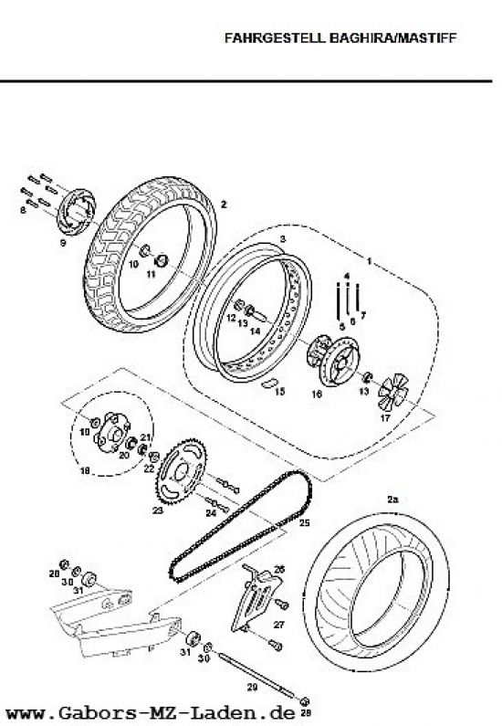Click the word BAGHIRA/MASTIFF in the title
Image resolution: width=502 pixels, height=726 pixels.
click(392, 38)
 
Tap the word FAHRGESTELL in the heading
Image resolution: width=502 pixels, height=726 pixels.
click(276, 38)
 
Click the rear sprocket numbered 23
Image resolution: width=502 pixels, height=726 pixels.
click(182, 471)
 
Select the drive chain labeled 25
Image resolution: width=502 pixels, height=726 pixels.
click(241, 526)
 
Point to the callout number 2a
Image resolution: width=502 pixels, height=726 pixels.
click(392, 500)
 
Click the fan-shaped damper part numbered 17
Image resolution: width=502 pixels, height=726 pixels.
click(392, 392)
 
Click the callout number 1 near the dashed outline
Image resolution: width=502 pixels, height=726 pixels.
click(370, 262)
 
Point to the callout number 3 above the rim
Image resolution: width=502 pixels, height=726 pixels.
click(283, 239)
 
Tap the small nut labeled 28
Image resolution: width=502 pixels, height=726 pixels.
click(305, 701)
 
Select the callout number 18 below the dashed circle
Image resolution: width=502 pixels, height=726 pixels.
click(85, 471)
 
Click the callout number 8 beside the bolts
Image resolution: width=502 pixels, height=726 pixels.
click(23, 210)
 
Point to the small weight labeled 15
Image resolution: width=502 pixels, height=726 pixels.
click(268, 383)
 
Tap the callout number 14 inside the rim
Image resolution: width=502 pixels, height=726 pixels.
click(255, 331)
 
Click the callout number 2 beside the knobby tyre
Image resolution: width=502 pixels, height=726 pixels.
click(224, 205)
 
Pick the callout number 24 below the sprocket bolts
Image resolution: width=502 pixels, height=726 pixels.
click(211, 513)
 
